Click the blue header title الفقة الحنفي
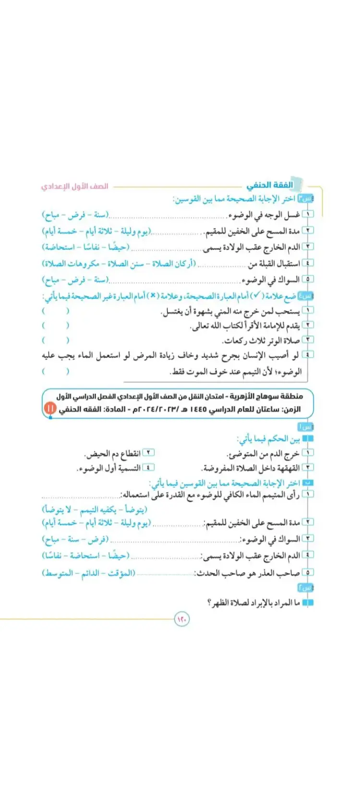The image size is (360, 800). [x=270, y=185]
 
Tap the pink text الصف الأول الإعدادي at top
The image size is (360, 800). [x=74, y=186]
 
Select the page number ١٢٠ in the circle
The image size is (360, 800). [x=182, y=620]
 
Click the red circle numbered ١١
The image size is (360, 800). [x=49, y=409]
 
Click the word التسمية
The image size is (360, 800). [x=129, y=468]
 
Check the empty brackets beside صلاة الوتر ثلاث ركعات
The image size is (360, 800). [x=55, y=340]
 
